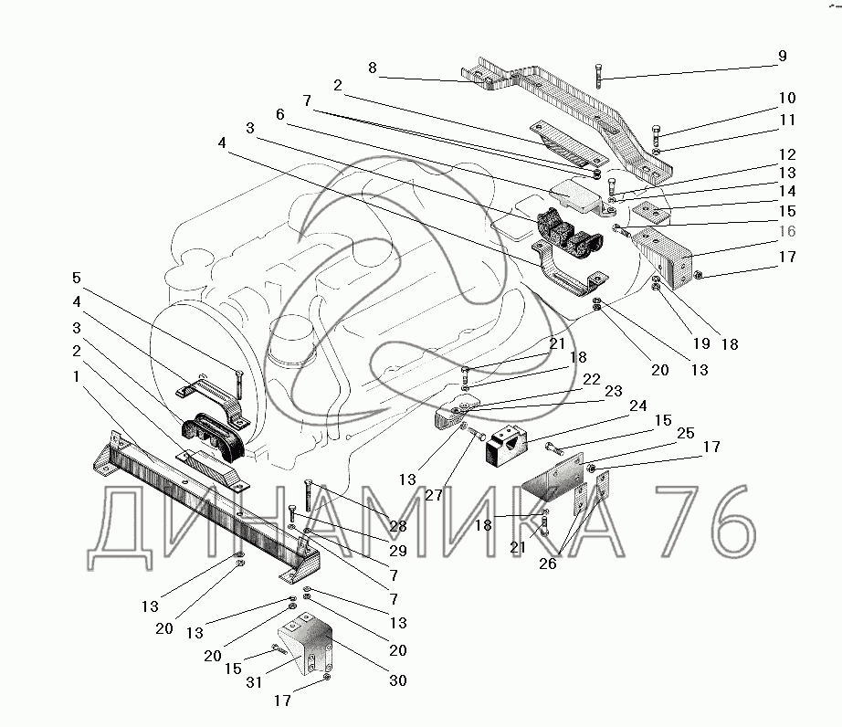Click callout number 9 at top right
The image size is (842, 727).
pos(782,56)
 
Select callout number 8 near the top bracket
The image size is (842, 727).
pos(373,68)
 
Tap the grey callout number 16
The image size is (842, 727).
pos(787,231)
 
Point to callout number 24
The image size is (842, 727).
pos(638,406)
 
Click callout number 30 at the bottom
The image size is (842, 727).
pos(398,680)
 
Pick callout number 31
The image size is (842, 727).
pos(254,682)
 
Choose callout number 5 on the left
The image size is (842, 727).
pos(76,278)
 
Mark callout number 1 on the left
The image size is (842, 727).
pos(76,376)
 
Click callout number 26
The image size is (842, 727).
pos(548,564)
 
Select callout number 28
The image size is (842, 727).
pos(398,526)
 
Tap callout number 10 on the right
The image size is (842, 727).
pos(787,99)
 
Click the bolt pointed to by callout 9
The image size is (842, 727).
pos(599,76)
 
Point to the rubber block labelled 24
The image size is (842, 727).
pos(506,445)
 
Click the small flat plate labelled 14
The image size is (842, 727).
pos(649,211)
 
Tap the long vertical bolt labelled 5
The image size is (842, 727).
pos(237,385)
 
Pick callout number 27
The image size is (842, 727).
pos(434,494)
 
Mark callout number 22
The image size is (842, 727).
pos(592,379)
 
